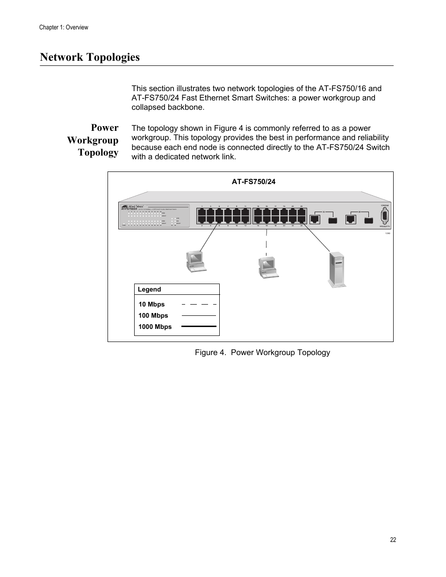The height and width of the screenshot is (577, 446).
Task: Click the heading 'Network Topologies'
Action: pyautogui.click(x=90, y=57)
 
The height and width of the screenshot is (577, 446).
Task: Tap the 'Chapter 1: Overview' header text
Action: pyautogui.click(x=64, y=28)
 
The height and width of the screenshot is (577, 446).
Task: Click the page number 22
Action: pyautogui.click(x=393, y=540)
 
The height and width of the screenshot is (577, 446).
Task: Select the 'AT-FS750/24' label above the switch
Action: pyautogui.click(x=253, y=182)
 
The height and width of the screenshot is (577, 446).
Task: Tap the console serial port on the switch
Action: pyautogui.click(x=384, y=217)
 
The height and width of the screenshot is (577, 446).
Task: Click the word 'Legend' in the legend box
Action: pyautogui.click(x=149, y=290)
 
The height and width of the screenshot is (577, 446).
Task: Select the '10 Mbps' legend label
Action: pyautogui.click(x=151, y=305)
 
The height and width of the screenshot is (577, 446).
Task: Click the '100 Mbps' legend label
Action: pyautogui.click(x=153, y=316)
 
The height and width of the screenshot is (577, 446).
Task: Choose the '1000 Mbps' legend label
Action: pyautogui.click(x=155, y=327)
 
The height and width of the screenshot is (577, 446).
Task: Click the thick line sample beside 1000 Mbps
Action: pyautogui.click(x=199, y=327)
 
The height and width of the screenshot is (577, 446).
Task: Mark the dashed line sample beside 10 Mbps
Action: pyautogui.click(x=199, y=304)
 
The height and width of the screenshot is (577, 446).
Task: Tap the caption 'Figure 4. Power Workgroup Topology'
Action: pyautogui.click(x=262, y=352)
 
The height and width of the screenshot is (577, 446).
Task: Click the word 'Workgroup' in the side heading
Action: pyautogui.click(x=93, y=140)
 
